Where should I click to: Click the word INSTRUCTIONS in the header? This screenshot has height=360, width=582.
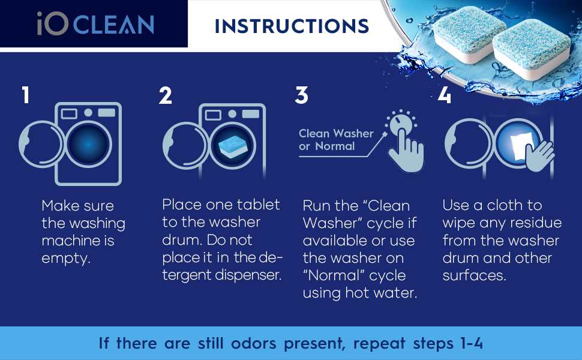click(292, 26)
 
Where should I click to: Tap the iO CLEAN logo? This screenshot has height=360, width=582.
click(95, 23)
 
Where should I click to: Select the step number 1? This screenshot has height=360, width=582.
click(25, 95)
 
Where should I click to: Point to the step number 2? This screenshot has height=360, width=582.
click(165, 95)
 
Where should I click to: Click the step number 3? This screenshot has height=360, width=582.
click(301, 95)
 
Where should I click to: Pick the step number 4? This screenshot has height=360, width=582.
click(444, 95)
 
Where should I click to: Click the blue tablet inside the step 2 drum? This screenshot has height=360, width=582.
click(232, 146)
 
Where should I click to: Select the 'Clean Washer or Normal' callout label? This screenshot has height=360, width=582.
click(336, 140)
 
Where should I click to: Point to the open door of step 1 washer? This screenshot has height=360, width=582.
click(40, 144)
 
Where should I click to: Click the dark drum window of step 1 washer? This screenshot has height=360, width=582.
click(88, 144)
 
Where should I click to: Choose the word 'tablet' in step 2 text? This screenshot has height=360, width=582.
click(259, 205)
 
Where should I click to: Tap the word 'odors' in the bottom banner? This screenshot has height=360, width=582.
click(254, 343)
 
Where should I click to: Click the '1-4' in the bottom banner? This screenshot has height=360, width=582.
click(472, 343)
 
